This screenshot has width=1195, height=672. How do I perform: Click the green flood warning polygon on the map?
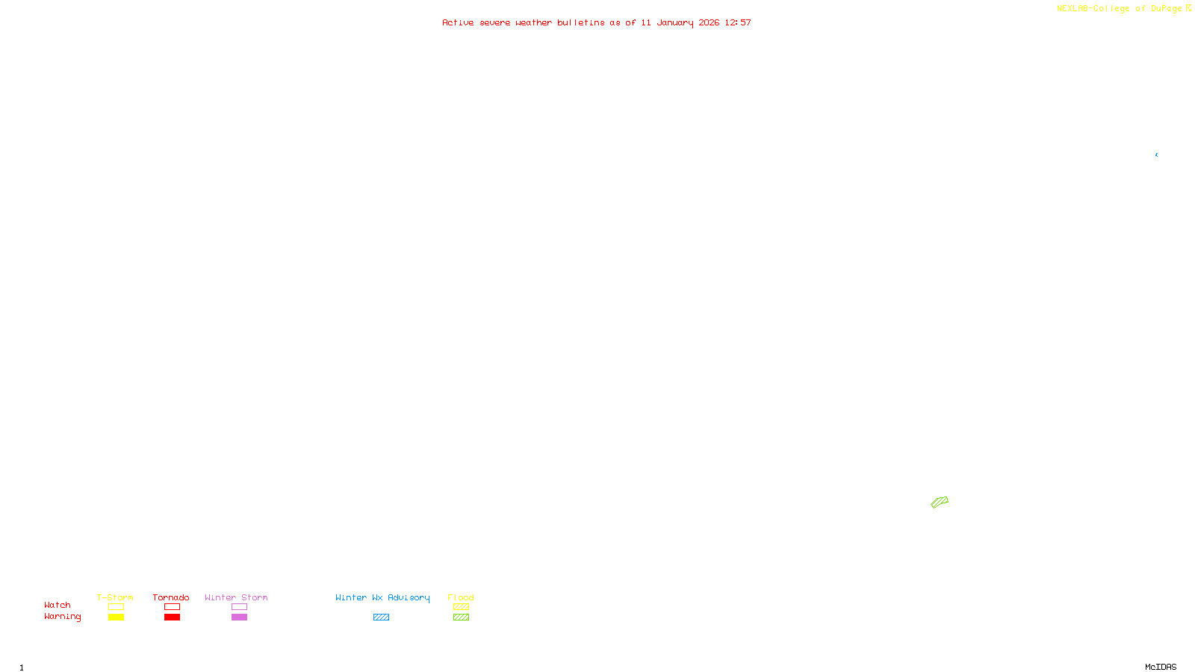point(940,502)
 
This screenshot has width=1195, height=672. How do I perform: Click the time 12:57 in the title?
point(738,22)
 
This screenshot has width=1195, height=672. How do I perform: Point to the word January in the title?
point(675,22)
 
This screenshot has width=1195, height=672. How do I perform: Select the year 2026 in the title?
point(709,22)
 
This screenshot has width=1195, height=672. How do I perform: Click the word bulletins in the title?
point(581,22)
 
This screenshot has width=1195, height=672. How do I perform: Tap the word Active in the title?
point(458,22)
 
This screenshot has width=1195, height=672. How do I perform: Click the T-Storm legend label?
point(115,597)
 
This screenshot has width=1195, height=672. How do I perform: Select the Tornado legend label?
point(171,597)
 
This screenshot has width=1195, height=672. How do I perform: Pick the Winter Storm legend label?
point(236,597)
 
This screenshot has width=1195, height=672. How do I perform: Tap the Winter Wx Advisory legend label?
point(382,597)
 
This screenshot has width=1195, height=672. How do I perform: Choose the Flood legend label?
point(461,597)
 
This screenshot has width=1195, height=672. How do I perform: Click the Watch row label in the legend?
point(58,606)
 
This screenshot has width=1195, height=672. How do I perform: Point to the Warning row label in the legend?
point(62,617)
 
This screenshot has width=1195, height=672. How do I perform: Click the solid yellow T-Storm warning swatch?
point(116,617)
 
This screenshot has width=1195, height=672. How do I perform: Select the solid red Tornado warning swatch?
point(172,617)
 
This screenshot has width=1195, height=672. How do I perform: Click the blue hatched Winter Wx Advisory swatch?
point(381,617)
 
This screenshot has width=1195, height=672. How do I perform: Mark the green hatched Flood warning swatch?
point(461,617)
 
